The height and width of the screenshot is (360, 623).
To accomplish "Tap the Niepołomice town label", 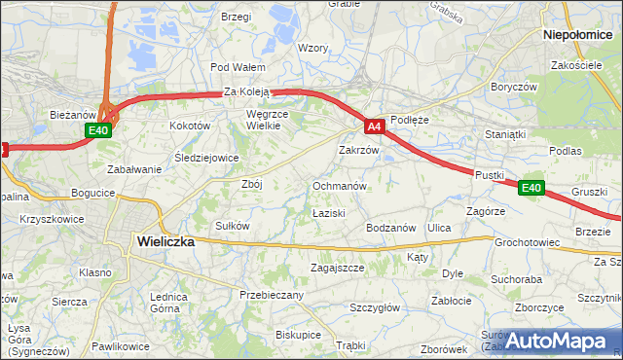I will click(x=582, y=33).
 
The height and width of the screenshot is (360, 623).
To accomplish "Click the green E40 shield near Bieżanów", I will click(x=97, y=130).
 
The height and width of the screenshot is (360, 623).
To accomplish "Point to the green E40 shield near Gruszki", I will click(x=531, y=188).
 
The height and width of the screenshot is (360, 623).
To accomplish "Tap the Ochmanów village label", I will click(x=339, y=185).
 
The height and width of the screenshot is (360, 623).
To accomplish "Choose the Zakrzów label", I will click(x=357, y=151).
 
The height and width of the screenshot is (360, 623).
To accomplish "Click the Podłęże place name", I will click(x=409, y=120).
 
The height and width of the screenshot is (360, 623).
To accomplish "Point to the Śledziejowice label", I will click(x=206, y=157).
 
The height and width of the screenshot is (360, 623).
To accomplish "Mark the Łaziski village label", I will click(x=329, y=211).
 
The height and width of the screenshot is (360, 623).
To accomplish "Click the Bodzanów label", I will click(x=391, y=227).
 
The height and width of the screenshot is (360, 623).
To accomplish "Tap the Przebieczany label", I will click(x=272, y=294).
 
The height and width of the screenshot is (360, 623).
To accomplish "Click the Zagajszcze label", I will click(x=337, y=268).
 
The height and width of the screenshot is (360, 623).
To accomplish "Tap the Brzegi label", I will click(x=237, y=17).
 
